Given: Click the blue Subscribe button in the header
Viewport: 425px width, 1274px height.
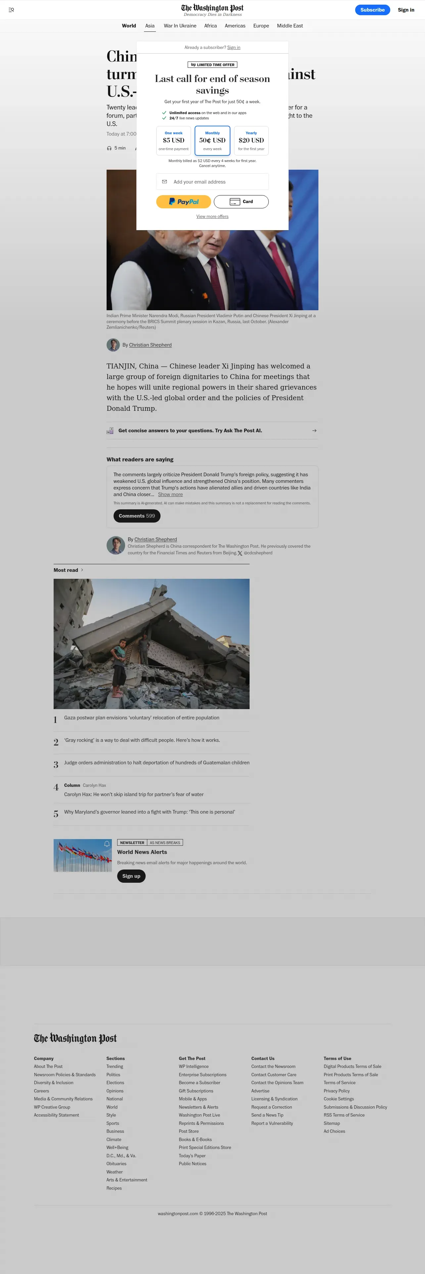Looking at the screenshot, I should click(372, 10).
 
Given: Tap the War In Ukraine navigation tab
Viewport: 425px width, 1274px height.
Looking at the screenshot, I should click(180, 26).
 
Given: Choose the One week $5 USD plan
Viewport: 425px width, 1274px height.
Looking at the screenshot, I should click(174, 141).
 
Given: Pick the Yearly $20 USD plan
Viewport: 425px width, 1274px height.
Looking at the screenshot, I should click(251, 141).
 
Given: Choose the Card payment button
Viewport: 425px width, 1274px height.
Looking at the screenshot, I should click(241, 202).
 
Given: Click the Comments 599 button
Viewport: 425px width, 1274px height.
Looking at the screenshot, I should click(137, 516).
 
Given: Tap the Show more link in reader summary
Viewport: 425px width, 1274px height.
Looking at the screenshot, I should click(170, 494).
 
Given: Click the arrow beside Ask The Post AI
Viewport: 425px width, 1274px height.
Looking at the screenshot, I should click(314, 431).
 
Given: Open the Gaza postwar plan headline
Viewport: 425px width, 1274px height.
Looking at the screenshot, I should click(142, 718).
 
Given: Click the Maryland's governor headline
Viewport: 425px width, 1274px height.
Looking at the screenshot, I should click(149, 812).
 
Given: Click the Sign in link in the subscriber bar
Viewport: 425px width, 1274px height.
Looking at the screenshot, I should click(234, 48).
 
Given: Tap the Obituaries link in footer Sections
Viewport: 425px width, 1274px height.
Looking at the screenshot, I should click(116, 1164).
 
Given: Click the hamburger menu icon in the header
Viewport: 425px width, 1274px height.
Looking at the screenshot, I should click(11, 10).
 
